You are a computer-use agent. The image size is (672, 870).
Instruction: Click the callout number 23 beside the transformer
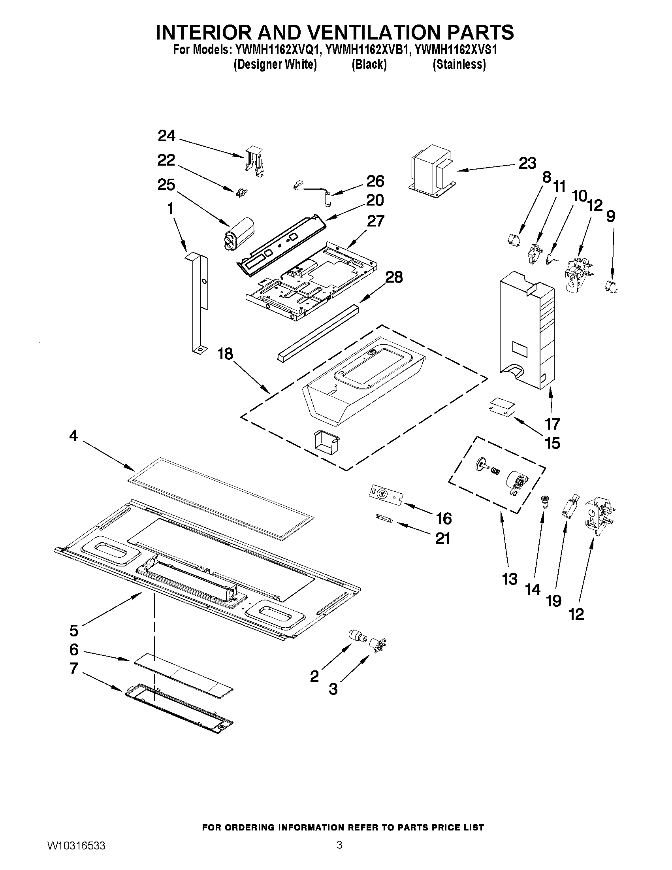tap(527, 163)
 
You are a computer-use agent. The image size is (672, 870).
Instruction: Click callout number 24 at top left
tap(166, 136)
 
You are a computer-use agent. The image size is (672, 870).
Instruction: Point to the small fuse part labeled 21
tap(384, 519)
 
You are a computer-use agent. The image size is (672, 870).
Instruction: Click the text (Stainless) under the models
tap(459, 64)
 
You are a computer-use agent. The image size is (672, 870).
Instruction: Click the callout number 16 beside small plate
tap(444, 519)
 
